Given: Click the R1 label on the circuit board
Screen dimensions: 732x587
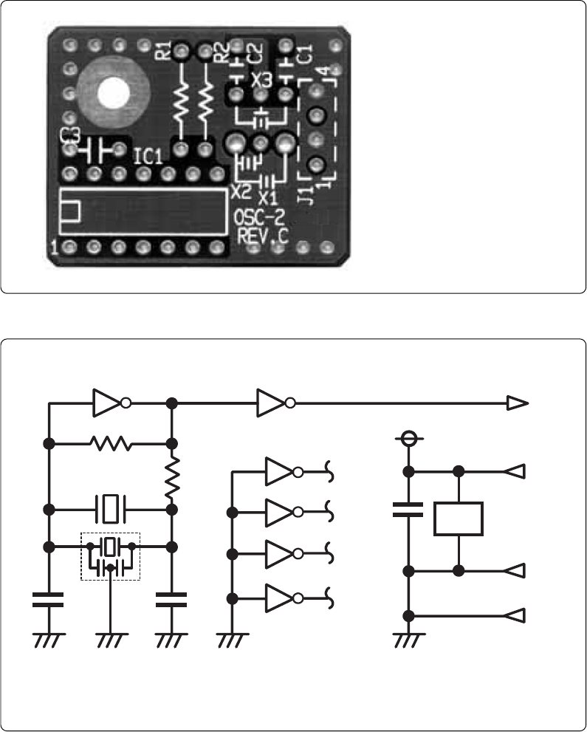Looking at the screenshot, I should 163,51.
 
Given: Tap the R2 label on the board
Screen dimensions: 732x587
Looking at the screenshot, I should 219,53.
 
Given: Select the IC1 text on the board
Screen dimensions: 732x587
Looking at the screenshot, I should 148,157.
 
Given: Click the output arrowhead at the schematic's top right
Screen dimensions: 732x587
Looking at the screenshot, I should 518,403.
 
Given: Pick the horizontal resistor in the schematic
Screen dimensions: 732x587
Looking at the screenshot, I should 110,443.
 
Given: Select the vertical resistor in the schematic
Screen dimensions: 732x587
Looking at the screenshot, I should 171,477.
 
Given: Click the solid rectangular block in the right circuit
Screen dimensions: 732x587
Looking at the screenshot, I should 459,519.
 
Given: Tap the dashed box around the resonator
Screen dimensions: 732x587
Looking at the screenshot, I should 110,556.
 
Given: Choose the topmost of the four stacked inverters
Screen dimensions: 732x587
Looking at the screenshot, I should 282,470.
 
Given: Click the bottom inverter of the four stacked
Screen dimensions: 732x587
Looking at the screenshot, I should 282,597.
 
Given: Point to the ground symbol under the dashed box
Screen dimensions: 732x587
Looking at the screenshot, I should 110,640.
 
